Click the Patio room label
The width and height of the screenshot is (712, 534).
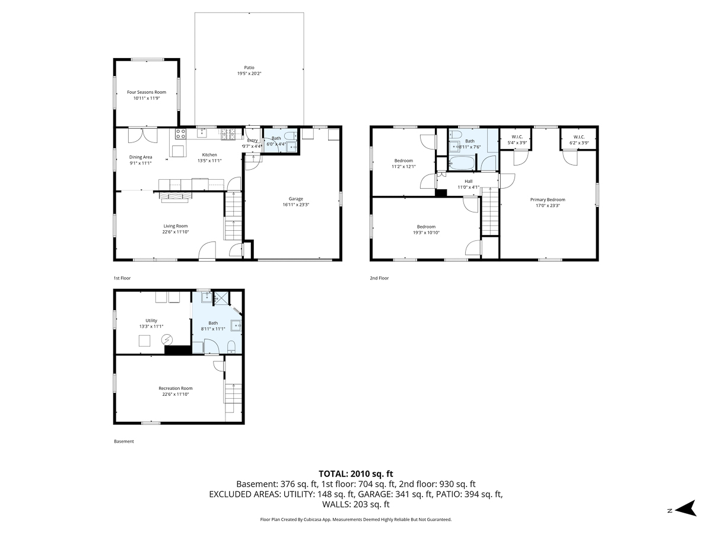click(x=249, y=68)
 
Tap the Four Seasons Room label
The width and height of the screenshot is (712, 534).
click(x=147, y=92)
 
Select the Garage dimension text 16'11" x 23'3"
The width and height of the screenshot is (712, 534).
click(x=295, y=205)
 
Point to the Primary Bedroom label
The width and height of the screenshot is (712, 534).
click(x=547, y=200)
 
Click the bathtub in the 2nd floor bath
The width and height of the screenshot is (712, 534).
click(x=462, y=163)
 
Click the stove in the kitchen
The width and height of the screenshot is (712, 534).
click(x=181, y=133)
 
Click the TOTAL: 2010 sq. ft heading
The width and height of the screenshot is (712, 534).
click(x=355, y=473)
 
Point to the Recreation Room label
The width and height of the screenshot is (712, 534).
click(x=175, y=388)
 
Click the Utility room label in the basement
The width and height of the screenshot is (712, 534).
click(x=151, y=320)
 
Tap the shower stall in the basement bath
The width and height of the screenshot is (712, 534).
click(x=221, y=298)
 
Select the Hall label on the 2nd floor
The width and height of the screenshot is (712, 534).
click(x=468, y=181)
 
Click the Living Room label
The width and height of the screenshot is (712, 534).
click(x=175, y=226)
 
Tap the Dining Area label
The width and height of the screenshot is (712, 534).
click(x=141, y=157)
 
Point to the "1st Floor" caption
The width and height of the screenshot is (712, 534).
click(x=122, y=278)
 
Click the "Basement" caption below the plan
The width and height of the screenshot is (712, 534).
click(x=124, y=441)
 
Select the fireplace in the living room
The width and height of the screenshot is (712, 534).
click(x=175, y=197)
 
